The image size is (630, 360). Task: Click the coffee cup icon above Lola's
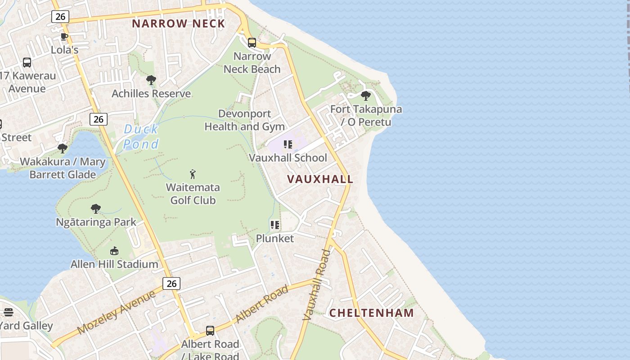coord(64,36)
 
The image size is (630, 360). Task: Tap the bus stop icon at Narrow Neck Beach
coord(252,43)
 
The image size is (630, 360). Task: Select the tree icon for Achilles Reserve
coord(151,81)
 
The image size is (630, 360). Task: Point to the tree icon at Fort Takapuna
coord(366,96)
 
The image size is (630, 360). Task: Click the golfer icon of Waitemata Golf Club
coord(193,174)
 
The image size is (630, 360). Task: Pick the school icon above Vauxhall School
coord(288,144)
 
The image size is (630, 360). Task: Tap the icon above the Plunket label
coord(275,225)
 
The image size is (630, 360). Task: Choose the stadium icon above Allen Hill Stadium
coord(114,251)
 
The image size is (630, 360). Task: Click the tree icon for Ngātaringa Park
coord(96,209)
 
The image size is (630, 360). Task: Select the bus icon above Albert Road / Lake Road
coord(210,331)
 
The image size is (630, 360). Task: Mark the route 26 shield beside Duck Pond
coord(99,119)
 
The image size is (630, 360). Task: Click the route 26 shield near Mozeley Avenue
coord(171,283)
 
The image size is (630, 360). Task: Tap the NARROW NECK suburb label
coord(178,24)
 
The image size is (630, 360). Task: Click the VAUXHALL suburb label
coord(320,179)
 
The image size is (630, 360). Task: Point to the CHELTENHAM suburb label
coord(371,313)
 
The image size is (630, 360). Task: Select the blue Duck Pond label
coord(141,137)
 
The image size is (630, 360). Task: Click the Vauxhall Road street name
coord(317,284)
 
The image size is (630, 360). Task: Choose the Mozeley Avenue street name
coord(117,312)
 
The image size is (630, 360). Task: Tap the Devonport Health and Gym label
coord(245,120)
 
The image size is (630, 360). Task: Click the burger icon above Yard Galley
coord(9,312)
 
